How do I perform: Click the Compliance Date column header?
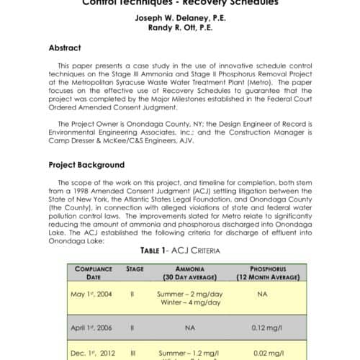pyautogui.click(x=93, y=272)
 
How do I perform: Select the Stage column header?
pyautogui.click(x=135, y=268)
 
